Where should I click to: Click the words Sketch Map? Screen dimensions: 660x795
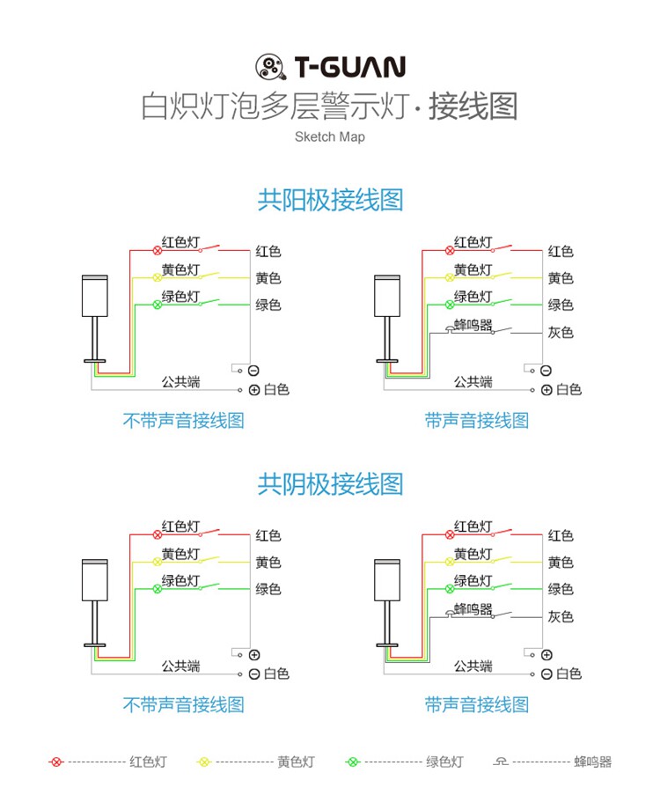(x=330, y=137)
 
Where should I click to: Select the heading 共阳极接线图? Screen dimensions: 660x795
(x=330, y=200)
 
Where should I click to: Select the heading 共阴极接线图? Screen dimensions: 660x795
(x=330, y=483)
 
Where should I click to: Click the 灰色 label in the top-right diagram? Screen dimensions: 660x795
(x=561, y=333)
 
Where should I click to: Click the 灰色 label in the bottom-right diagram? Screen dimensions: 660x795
(x=561, y=617)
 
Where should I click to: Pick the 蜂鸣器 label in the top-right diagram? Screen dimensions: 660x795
(x=473, y=324)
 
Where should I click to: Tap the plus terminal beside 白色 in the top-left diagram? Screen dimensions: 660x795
(x=254, y=390)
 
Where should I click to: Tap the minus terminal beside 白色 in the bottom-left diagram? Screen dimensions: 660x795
(x=254, y=674)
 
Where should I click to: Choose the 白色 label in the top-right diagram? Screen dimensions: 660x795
(x=568, y=390)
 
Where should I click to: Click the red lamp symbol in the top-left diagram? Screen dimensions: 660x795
(x=158, y=251)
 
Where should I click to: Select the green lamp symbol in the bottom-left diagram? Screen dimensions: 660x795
(x=158, y=589)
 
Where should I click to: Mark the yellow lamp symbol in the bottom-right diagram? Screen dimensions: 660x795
(x=451, y=562)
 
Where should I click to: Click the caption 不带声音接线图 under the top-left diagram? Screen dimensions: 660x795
(x=183, y=421)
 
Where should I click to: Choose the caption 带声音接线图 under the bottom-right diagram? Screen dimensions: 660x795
(x=476, y=704)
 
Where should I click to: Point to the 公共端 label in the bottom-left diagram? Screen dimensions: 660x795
(x=180, y=666)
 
